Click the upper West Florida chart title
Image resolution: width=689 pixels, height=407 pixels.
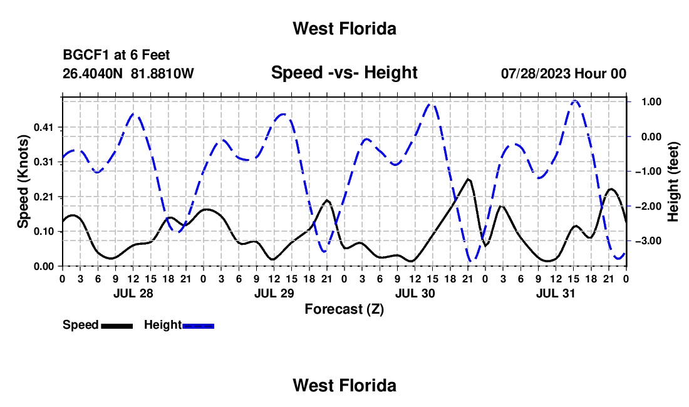[344, 29]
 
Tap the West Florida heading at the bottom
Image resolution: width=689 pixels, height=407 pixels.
[344, 386]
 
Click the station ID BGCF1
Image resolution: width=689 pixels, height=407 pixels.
[86, 55]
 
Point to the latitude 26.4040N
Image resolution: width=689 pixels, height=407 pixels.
[93, 73]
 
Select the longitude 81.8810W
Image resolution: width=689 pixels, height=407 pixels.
[162, 73]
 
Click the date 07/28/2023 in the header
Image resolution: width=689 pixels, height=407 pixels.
[536, 73]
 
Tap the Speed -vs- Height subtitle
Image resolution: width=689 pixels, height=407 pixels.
[344, 73]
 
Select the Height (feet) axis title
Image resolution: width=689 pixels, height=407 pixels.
[673, 182]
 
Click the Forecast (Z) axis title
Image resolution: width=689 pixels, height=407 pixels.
[344, 309]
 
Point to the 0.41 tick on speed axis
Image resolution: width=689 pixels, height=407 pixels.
[43, 128]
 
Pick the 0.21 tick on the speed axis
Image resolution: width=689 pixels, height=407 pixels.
[43, 197]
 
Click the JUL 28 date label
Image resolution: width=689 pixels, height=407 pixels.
[133, 293]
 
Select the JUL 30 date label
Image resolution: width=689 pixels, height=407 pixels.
[415, 293]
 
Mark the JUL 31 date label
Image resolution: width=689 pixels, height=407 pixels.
[556, 293]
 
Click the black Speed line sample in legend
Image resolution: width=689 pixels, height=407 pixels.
[117, 326]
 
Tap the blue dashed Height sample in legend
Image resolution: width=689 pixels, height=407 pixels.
[198, 326]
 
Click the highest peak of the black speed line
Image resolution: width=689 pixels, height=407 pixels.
[469, 179]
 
